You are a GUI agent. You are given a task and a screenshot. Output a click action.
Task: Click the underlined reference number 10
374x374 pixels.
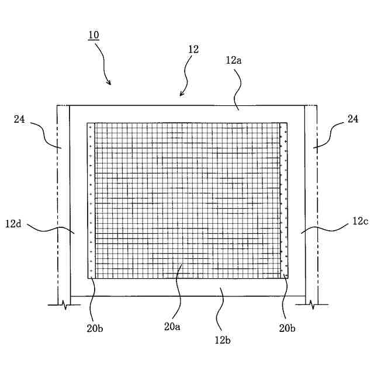93,35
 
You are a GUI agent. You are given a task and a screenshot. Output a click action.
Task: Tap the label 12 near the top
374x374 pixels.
193,50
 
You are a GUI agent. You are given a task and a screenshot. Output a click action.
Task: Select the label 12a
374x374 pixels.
233,60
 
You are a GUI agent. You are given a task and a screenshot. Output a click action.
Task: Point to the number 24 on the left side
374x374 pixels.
20,119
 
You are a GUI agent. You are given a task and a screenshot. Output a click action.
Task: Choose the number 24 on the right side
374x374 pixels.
353,119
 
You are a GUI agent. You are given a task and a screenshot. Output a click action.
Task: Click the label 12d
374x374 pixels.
15,223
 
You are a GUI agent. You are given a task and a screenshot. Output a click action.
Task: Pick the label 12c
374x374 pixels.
360,222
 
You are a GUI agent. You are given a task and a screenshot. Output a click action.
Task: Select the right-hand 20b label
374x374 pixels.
286,328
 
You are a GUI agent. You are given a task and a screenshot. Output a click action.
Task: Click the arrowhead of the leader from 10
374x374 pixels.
109,83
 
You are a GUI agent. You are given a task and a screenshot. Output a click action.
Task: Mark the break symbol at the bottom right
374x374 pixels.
311,304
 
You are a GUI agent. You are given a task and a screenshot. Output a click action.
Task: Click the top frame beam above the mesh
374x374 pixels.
187,113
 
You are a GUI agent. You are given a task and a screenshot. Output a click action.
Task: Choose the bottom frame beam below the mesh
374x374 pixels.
187,287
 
